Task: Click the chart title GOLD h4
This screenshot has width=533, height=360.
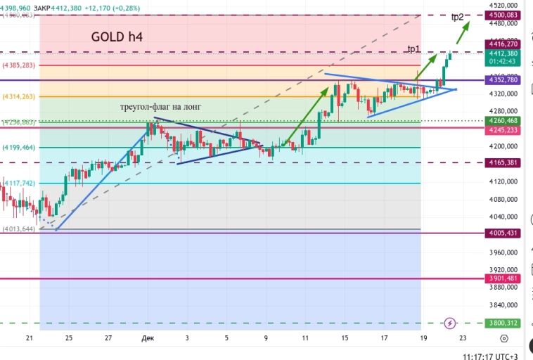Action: tap(117, 36)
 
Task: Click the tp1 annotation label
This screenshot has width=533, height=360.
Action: tap(413, 49)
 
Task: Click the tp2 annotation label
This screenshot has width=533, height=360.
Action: tap(457, 17)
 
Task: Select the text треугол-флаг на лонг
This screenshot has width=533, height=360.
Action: tap(161, 106)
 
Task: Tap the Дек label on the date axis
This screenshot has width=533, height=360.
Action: tap(148, 338)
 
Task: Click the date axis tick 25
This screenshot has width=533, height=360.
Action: tap(69, 338)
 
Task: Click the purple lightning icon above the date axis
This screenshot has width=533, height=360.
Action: tap(450, 323)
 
